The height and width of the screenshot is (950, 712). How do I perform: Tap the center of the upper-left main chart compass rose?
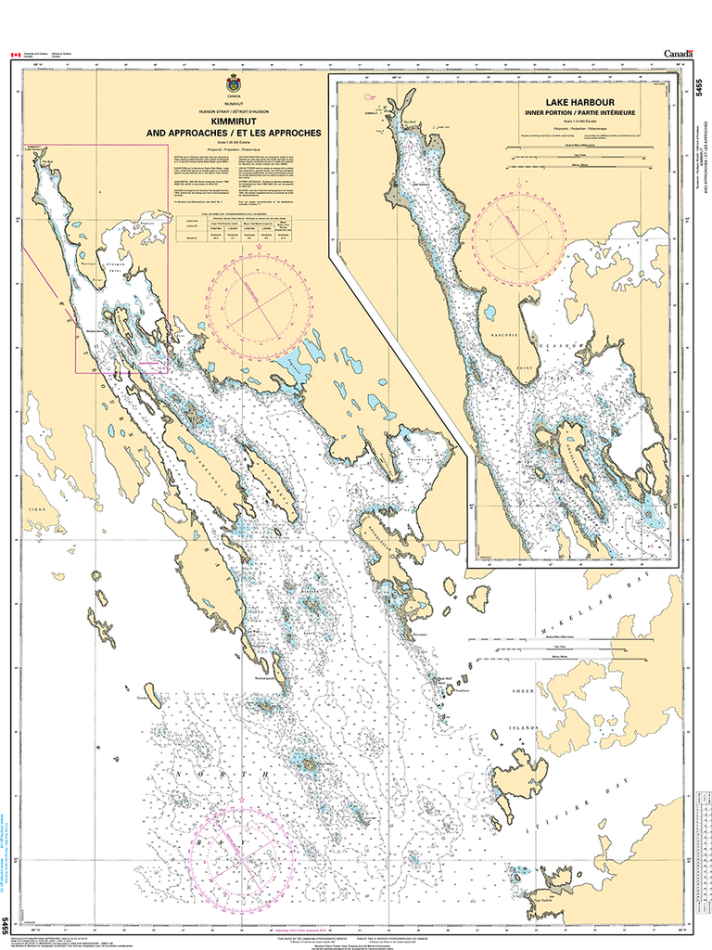258,303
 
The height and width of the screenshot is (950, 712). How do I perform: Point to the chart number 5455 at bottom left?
7,925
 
